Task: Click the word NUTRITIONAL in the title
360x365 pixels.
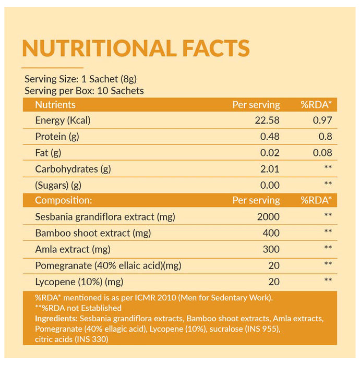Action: pos(98,48)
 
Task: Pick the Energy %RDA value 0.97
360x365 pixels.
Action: pos(322,120)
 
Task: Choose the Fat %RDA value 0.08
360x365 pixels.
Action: pos(322,153)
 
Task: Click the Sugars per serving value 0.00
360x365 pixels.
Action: pos(270,185)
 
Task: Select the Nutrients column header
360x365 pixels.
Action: pos(55,105)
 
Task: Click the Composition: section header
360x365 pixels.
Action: pos(63,200)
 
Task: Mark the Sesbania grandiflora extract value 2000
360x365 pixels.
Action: pos(269,217)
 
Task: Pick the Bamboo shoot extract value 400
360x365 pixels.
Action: pos(271,233)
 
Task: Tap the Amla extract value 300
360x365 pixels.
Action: pos(271,249)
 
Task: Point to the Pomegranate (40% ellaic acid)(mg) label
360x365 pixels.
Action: pos(108,265)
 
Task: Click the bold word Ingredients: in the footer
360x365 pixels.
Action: pos(56,318)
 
